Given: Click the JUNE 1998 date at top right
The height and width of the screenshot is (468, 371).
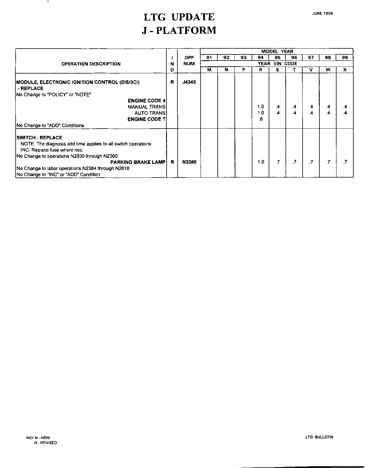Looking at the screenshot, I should tap(322, 13).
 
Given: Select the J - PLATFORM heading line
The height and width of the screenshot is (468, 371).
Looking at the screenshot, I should tap(179, 30).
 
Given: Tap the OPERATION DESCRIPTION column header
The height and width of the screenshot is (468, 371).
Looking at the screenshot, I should tap(91, 64).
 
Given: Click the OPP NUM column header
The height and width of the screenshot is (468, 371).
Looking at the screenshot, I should tap(189, 61).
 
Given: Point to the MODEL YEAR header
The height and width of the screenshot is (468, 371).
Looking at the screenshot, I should tap(277, 51).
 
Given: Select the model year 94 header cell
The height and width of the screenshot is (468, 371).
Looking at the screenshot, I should tap(261, 58).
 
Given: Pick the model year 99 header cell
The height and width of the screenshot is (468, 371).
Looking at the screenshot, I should tap(345, 58).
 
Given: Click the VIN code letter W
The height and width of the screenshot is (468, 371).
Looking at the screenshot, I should tap(328, 70).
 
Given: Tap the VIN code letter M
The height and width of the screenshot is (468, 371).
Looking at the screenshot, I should tap(209, 70).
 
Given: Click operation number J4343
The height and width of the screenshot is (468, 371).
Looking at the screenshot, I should tap(189, 82).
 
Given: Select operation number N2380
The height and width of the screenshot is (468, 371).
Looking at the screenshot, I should tap(189, 162).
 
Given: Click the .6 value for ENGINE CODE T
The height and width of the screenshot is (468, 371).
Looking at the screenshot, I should tap(261, 119).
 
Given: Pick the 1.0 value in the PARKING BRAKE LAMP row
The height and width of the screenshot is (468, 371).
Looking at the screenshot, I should tap(261, 162).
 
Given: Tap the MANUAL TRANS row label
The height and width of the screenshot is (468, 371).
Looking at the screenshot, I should tap(146, 107).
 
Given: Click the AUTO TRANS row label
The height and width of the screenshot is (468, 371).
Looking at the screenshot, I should tap(150, 113).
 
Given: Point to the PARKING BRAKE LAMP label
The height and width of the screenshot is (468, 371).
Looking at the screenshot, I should tap(138, 162).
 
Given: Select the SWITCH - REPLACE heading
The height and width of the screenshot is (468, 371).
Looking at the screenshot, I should tap(39, 138).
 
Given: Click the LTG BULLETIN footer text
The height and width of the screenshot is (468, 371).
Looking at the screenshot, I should tap(319, 437).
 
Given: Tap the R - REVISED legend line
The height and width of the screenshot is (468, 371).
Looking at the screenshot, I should tap(46, 443).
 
